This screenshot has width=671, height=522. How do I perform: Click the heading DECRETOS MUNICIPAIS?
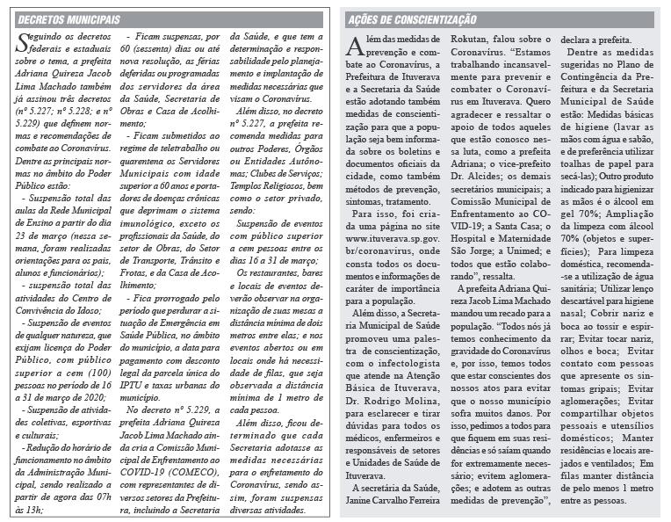(69, 19)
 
